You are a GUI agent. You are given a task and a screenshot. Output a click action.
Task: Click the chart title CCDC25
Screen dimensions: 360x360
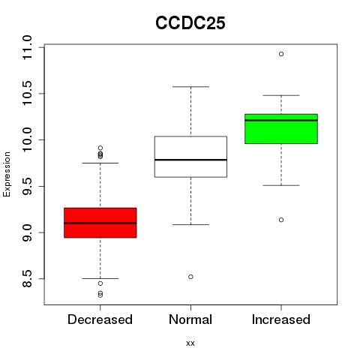[190, 23]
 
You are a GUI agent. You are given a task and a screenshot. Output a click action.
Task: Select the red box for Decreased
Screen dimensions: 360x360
[100, 223]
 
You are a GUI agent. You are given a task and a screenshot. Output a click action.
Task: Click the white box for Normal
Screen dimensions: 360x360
[190, 157]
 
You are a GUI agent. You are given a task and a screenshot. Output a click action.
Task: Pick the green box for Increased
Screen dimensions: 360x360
[281, 129]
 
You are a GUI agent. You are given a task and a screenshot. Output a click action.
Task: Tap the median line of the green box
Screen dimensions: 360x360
[281, 120]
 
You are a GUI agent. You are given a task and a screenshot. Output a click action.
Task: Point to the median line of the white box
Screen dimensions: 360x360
[190, 160]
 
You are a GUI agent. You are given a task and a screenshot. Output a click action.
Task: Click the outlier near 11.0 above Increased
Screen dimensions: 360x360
[281, 54]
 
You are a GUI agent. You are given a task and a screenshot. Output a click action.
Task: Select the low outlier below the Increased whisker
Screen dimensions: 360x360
[281, 220]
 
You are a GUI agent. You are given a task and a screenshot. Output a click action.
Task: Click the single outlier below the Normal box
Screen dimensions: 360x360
[190, 277]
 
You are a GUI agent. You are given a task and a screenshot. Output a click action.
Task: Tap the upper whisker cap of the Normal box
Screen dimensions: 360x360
[190, 87]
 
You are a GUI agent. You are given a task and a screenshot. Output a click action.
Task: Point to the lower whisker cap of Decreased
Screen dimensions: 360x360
[100, 278]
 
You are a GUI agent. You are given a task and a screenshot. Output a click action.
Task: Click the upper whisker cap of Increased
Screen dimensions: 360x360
[281, 95]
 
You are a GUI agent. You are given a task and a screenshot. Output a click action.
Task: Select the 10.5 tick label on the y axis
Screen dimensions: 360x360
[27, 94]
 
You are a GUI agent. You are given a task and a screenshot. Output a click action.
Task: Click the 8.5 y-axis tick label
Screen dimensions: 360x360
[27, 279]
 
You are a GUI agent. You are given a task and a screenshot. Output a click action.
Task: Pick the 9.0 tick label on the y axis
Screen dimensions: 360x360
[27, 232]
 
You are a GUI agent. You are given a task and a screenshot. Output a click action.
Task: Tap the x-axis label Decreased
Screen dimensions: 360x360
[100, 319]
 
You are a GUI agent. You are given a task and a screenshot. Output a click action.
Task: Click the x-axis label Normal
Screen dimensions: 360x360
[190, 319]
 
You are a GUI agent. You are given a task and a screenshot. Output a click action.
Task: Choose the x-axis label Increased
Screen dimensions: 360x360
[281, 319]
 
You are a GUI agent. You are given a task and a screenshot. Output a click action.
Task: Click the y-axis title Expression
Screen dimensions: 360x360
[7, 174]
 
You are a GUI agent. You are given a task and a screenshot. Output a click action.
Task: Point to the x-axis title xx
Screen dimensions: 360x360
[190, 343]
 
